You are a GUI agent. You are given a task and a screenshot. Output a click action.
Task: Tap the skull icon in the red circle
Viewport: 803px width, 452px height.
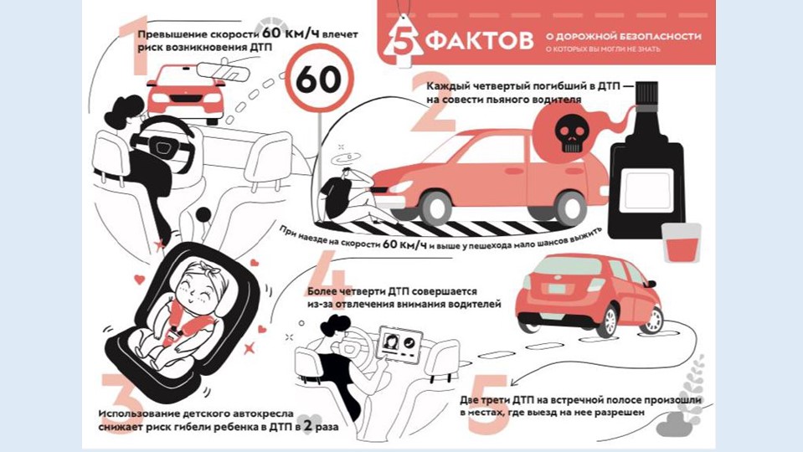(571, 132)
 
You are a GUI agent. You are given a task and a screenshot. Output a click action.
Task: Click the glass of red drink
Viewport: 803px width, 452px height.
(681, 243)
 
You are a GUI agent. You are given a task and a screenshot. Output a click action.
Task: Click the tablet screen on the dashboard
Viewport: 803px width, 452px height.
(399, 343)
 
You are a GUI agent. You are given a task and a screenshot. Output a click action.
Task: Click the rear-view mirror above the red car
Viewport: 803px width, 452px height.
(224, 72)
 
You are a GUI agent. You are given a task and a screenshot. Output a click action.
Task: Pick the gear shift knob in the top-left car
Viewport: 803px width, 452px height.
(203, 214)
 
